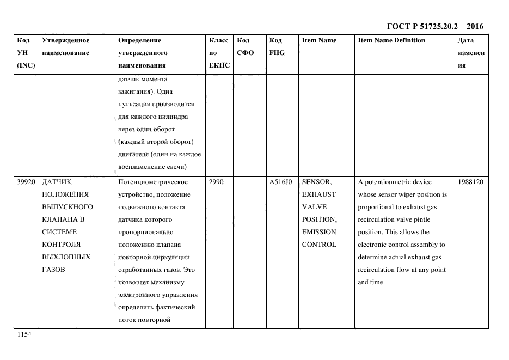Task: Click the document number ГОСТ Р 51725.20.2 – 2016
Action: point(434,26)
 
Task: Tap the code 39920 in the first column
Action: point(26,182)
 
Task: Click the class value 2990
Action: point(216,182)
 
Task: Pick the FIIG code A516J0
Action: point(281,182)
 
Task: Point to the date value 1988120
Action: point(470,182)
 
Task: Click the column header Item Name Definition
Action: point(391,40)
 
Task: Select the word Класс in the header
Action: point(219,40)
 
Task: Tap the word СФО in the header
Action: point(246,53)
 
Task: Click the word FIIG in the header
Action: point(277,53)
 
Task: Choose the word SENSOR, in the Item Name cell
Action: point(317,182)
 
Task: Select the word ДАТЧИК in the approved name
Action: point(57,182)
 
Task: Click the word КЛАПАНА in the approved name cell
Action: point(59,219)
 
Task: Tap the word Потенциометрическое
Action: point(153,182)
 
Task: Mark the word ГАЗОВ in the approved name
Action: point(53,270)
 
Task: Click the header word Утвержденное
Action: point(66,40)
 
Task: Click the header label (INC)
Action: point(26,65)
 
